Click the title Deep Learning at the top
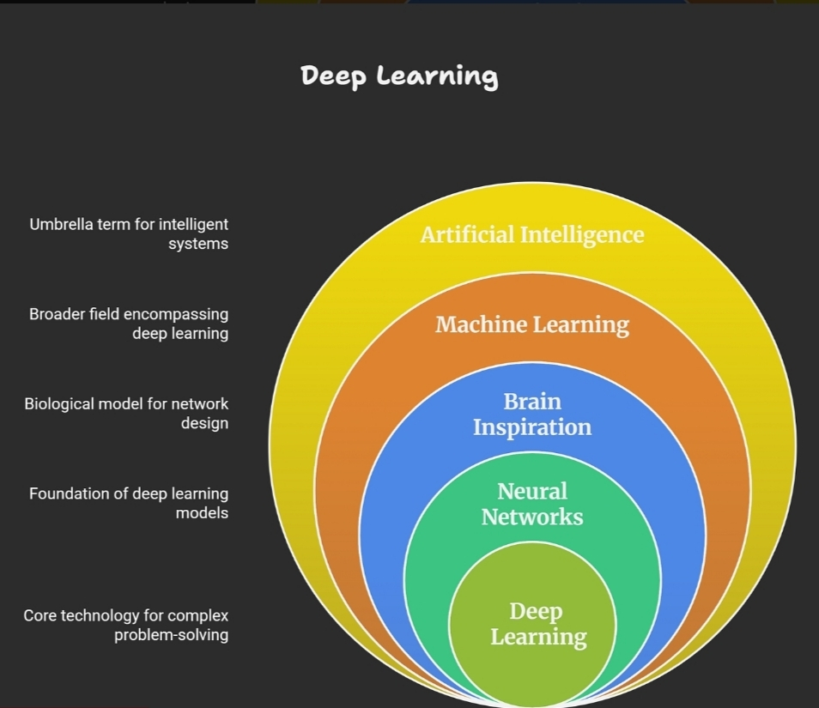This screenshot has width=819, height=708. (x=399, y=76)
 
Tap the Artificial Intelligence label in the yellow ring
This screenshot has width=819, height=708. (x=531, y=234)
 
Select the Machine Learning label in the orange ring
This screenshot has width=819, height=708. (x=531, y=325)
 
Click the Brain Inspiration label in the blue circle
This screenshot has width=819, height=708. (x=532, y=415)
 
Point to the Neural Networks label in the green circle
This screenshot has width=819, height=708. (x=532, y=504)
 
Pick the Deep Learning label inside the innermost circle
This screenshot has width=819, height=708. (x=537, y=624)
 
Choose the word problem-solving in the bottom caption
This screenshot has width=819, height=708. (x=171, y=635)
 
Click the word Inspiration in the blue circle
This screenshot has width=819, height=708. (x=532, y=427)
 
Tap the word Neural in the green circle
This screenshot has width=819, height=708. (x=532, y=491)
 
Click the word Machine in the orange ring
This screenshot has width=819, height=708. (x=481, y=325)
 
